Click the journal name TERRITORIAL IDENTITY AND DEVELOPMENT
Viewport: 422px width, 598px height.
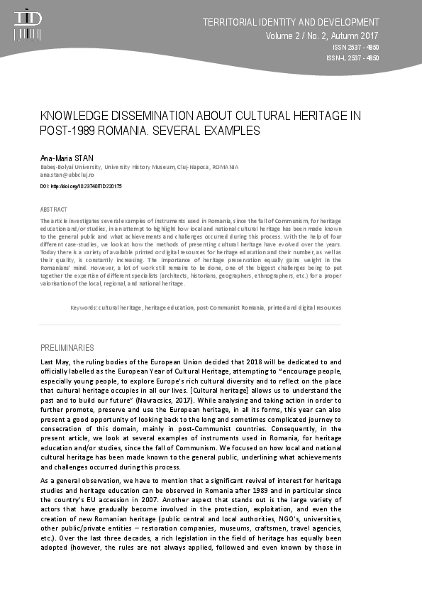291,22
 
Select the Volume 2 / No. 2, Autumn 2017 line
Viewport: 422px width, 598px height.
322,36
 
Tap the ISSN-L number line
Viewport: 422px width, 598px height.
352,58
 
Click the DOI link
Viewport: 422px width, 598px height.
81,186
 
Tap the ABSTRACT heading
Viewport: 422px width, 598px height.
54,210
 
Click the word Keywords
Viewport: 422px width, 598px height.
84,308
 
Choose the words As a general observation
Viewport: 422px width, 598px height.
82,481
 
